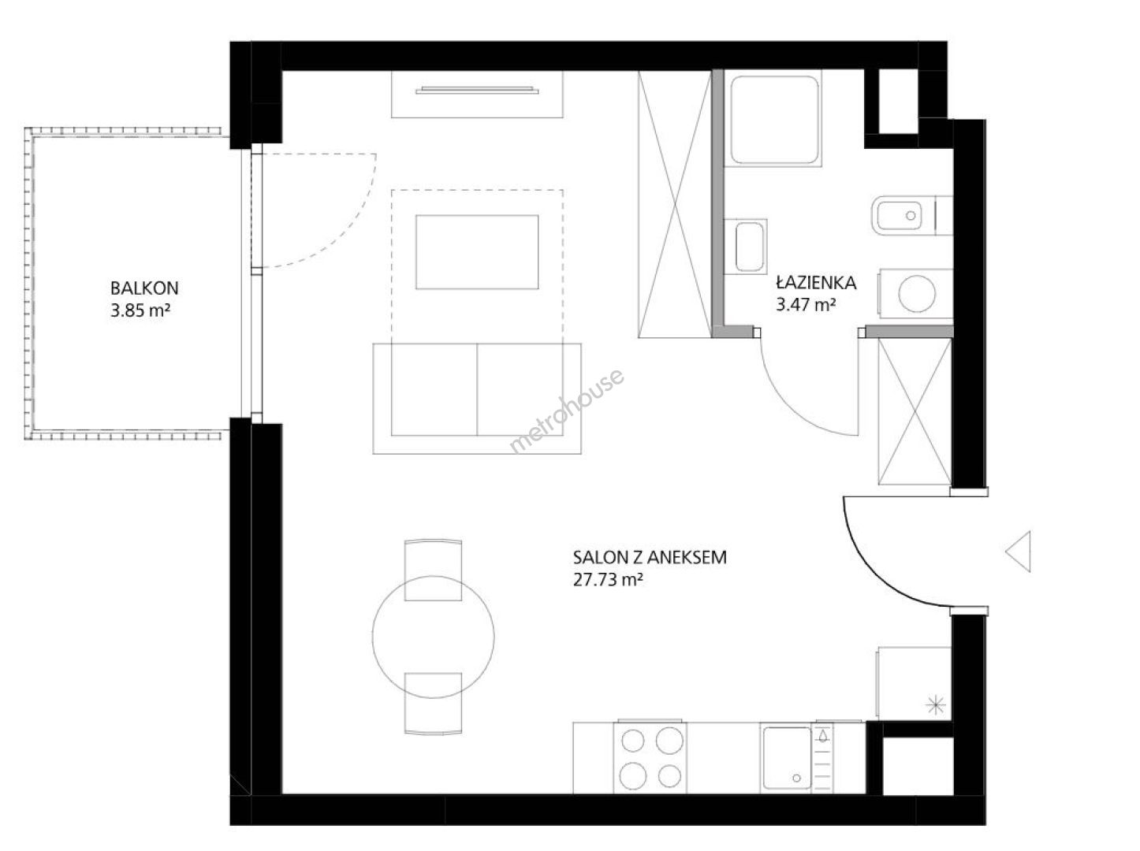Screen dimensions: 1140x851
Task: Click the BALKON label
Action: pyautogui.click(x=143, y=288)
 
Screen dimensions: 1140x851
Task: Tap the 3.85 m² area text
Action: pyautogui.click(x=140, y=310)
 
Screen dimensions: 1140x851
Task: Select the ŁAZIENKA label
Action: pyautogui.click(x=816, y=282)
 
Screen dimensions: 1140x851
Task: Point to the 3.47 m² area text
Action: pyautogui.click(x=806, y=305)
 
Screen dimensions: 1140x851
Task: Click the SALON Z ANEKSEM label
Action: pyautogui.click(x=650, y=557)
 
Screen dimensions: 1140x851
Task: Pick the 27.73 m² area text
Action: pyautogui.click(x=608, y=580)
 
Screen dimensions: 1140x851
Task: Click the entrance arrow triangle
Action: pyautogui.click(x=1019, y=551)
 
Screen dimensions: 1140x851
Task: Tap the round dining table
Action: pyautogui.click(x=433, y=637)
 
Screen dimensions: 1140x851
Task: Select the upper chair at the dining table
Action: pyautogui.click(x=433, y=569)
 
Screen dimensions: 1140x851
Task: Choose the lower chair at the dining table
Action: pyautogui.click(x=433, y=704)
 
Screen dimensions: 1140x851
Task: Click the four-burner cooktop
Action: pyautogui.click(x=650, y=758)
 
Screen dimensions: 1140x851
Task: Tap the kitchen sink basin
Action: pyautogui.click(x=787, y=758)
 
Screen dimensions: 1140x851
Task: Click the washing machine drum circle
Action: pyautogui.click(x=917, y=294)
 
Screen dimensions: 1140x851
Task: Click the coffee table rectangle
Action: pyautogui.click(x=477, y=252)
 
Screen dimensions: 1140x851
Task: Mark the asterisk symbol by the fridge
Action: pyautogui.click(x=935, y=705)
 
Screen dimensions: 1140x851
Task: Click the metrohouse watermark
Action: pyautogui.click(x=567, y=411)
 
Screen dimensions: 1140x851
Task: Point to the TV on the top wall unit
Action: pyautogui.click(x=477, y=91)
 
